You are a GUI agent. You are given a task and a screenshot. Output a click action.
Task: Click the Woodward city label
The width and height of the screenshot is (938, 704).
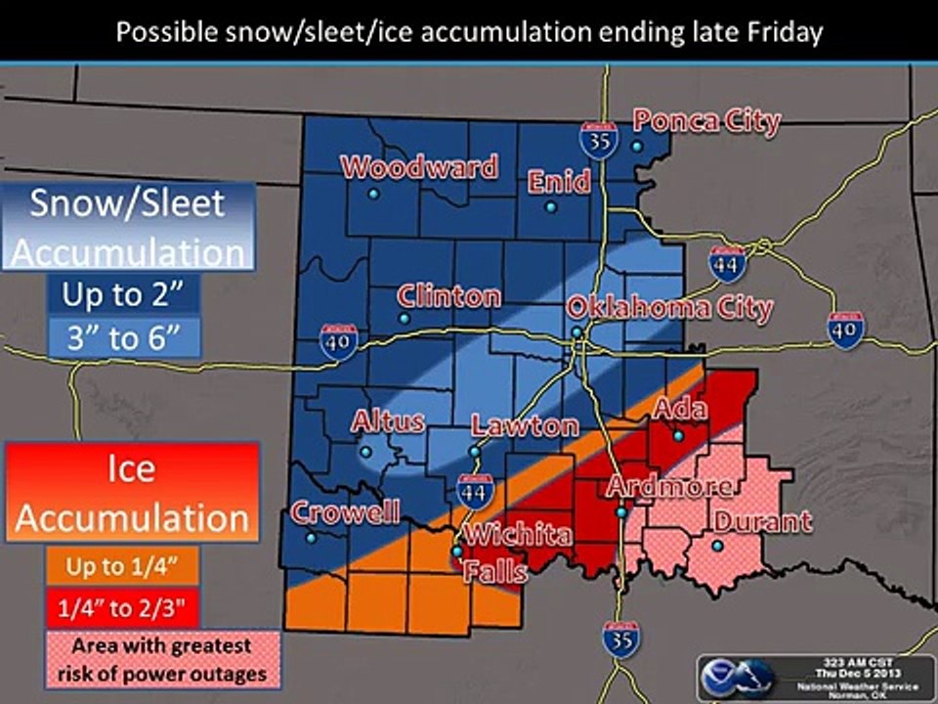point(419,167)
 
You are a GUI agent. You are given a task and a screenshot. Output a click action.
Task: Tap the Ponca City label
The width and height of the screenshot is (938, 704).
point(706,121)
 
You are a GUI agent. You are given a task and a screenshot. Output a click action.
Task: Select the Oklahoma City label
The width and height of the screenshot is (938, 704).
point(670,309)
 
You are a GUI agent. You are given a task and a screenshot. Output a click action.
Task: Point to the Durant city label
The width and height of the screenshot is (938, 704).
point(762,521)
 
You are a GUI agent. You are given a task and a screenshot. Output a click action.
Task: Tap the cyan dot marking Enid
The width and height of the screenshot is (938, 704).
point(551,207)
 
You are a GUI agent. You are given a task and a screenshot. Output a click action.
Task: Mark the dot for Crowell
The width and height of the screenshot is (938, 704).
point(311,538)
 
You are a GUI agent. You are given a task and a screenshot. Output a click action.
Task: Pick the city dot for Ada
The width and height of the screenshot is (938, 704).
point(678,435)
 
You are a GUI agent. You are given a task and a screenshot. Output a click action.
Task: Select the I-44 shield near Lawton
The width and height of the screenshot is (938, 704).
point(474,490)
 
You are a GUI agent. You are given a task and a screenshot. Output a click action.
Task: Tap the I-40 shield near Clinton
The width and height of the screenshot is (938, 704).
point(338,341)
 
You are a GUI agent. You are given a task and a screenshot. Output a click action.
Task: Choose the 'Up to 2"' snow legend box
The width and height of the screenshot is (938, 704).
point(123,293)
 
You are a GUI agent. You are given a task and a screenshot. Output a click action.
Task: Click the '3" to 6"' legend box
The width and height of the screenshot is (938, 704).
point(123,338)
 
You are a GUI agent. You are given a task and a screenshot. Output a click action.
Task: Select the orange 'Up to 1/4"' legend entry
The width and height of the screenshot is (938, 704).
point(122,565)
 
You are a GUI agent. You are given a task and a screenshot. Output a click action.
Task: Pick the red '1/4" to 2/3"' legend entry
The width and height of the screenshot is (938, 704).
point(122,608)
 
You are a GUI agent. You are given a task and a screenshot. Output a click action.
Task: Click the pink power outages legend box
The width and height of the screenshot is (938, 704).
point(162,660)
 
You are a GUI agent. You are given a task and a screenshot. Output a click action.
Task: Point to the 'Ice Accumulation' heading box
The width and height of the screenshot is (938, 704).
point(132,492)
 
